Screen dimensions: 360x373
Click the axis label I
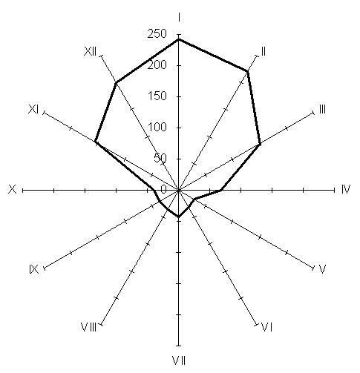(x=179, y=18)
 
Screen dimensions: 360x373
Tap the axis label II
(x=264, y=52)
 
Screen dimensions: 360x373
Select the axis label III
(x=322, y=109)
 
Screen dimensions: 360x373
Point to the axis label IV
(x=346, y=189)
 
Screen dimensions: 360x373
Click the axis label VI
(x=267, y=328)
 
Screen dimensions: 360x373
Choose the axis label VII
(x=179, y=360)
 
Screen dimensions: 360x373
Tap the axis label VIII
(x=88, y=327)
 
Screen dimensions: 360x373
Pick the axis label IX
(x=34, y=269)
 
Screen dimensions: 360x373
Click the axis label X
(x=13, y=189)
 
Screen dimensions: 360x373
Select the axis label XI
(x=33, y=109)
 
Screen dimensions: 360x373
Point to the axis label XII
(x=90, y=52)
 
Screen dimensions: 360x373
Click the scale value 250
(x=157, y=33)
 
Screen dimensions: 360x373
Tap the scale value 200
(x=157, y=65)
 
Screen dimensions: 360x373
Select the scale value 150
(x=157, y=96)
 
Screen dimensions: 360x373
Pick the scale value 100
(x=157, y=128)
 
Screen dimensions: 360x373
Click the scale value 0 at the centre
(x=164, y=189)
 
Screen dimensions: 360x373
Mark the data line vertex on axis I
(x=179, y=39)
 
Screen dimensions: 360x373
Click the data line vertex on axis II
(x=247, y=71)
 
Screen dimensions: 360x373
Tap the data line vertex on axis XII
(x=117, y=82)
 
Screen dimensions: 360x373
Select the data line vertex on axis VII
(x=179, y=217)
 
